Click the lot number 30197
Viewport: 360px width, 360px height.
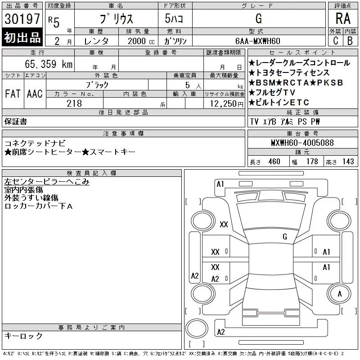click(x=22, y=19)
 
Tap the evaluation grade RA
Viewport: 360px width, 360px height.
click(x=343, y=19)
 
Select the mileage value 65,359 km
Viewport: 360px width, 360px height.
click(x=45, y=64)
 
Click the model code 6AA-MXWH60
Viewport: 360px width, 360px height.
click(x=258, y=41)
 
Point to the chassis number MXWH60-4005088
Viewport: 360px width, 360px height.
click(x=302, y=143)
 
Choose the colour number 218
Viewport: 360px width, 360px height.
click(x=74, y=103)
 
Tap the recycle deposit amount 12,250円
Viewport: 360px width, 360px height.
click(x=224, y=103)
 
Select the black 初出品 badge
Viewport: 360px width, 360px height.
click(x=22, y=38)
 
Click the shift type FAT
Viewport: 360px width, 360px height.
click(x=13, y=94)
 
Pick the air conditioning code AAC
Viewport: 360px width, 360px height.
click(x=35, y=94)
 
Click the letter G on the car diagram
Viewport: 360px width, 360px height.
click(x=285, y=236)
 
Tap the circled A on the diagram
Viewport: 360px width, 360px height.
click(x=340, y=294)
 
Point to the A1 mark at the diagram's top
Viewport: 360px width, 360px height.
click(x=220, y=184)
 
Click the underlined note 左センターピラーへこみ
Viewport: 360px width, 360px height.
click(x=47, y=182)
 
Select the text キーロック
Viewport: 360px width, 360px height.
click(x=23, y=336)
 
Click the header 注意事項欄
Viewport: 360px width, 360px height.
click(x=123, y=134)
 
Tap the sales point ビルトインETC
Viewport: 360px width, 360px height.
click(x=282, y=103)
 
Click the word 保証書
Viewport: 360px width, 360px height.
click(x=16, y=121)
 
